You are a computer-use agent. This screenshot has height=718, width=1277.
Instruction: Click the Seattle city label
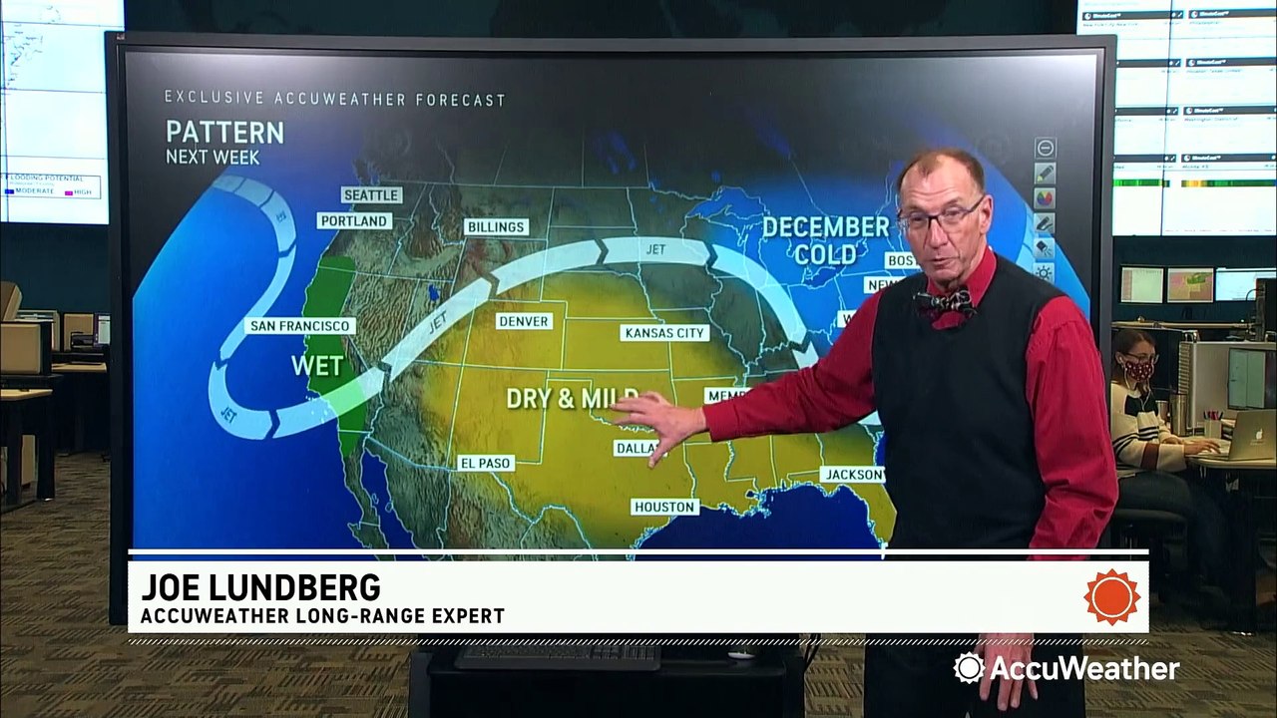[x=371, y=195]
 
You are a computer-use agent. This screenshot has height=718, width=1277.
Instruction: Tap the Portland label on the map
[x=354, y=220]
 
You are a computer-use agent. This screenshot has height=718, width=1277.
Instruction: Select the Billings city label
[x=496, y=227]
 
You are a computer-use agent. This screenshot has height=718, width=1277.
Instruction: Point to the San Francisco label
[x=300, y=326]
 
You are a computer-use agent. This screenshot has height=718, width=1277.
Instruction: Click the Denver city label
[x=524, y=321]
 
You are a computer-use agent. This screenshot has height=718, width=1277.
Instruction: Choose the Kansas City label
[x=664, y=333]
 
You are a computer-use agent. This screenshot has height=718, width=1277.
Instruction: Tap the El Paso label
[x=486, y=463]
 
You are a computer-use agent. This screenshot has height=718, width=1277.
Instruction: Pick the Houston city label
[x=665, y=507]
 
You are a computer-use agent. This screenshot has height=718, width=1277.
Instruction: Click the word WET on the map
[x=317, y=366]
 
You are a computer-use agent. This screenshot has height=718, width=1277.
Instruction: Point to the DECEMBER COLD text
[x=825, y=240]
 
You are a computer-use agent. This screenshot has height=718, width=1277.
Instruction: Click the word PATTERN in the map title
[x=224, y=133]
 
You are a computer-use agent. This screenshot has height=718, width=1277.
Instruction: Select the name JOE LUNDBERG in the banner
[x=260, y=585]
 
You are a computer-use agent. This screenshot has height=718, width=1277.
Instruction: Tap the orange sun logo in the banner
[x=1112, y=597]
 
